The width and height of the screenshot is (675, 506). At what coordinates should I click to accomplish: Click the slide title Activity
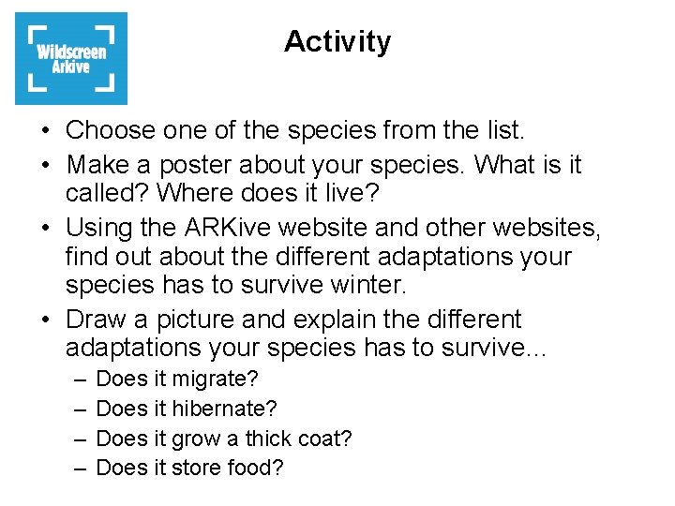(x=337, y=42)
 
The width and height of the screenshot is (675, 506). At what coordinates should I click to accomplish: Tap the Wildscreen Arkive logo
(x=71, y=58)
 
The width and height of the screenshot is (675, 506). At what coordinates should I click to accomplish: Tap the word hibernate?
(x=225, y=409)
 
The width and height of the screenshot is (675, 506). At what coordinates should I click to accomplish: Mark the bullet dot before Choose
(x=47, y=130)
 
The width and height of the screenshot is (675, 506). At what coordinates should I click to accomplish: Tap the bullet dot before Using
(x=47, y=229)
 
